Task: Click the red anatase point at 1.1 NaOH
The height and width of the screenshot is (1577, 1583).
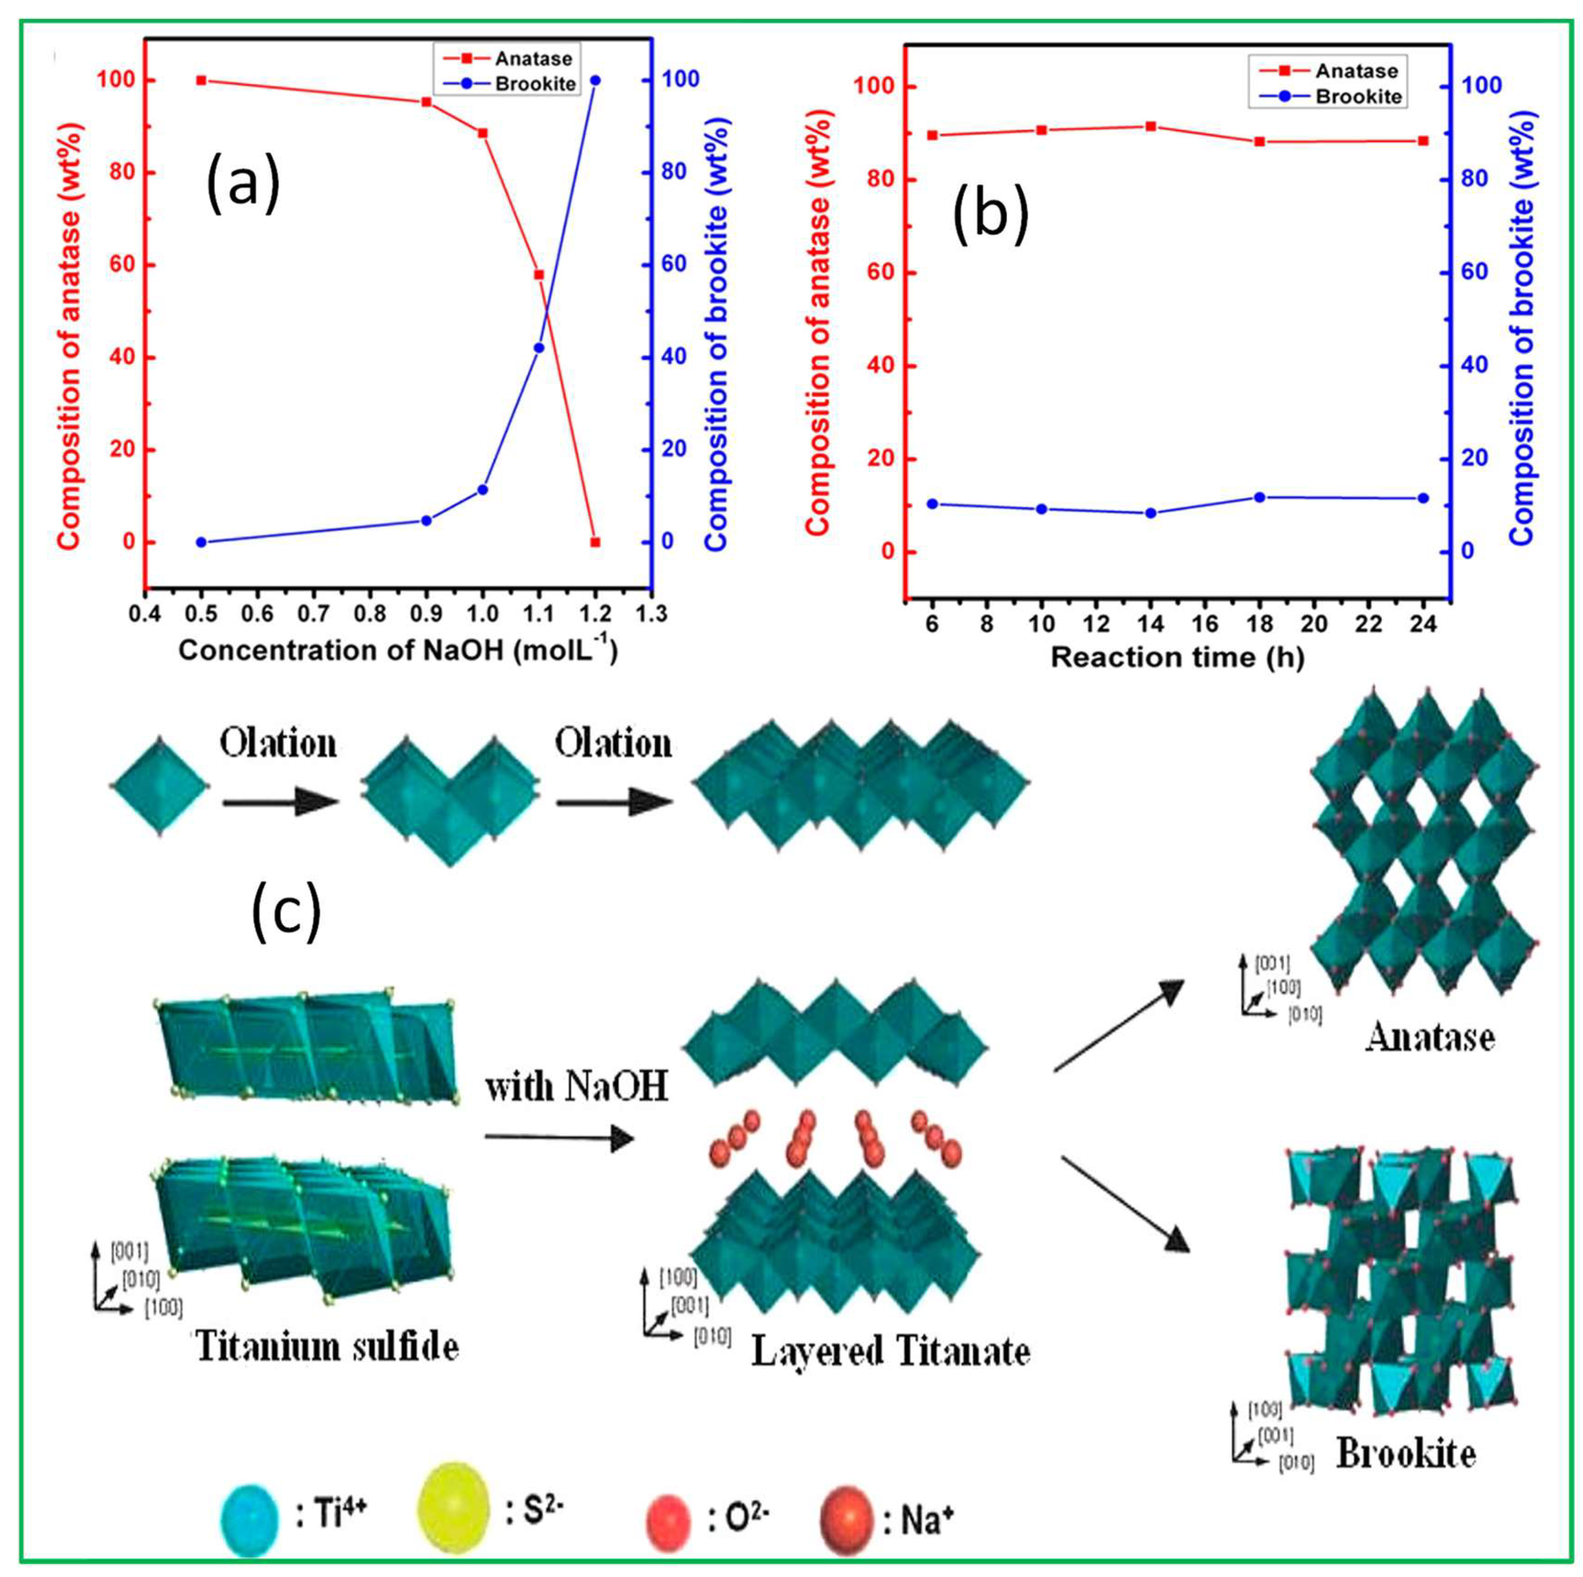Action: tap(538, 274)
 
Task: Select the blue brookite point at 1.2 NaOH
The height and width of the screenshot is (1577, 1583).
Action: tap(595, 80)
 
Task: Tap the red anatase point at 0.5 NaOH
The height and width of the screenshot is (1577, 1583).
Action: tap(201, 80)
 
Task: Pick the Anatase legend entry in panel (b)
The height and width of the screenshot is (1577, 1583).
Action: tap(1327, 71)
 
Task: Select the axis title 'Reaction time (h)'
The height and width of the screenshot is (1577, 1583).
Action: tap(1177, 657)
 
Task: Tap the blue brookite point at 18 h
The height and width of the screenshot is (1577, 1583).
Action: tap(1260, 497)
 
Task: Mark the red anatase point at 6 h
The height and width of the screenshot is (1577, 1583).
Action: tap(932, 135)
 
